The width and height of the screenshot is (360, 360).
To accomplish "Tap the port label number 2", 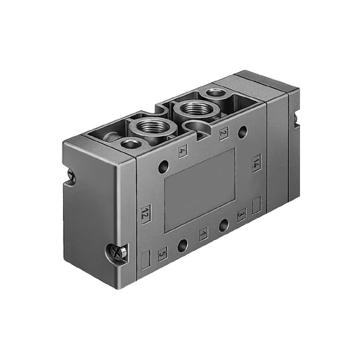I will coord(223,133).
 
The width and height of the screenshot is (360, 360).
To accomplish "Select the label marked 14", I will coord(256,163).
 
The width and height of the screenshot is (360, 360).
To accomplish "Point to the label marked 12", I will coord(145,213).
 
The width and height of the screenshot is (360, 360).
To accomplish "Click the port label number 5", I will coord(163,254).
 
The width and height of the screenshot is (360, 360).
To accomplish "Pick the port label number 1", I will coord(203,234).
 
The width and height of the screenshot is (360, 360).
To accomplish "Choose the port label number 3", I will coord(241,214).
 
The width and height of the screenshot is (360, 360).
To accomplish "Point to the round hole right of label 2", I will coord(242,132).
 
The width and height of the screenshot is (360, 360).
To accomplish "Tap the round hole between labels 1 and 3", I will coord(223,226).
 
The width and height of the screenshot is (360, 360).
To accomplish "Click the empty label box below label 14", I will coord(256,206).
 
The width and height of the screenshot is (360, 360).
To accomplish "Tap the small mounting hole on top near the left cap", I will coord(130,144).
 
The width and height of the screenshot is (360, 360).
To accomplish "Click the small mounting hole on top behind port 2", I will coord(214,94).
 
